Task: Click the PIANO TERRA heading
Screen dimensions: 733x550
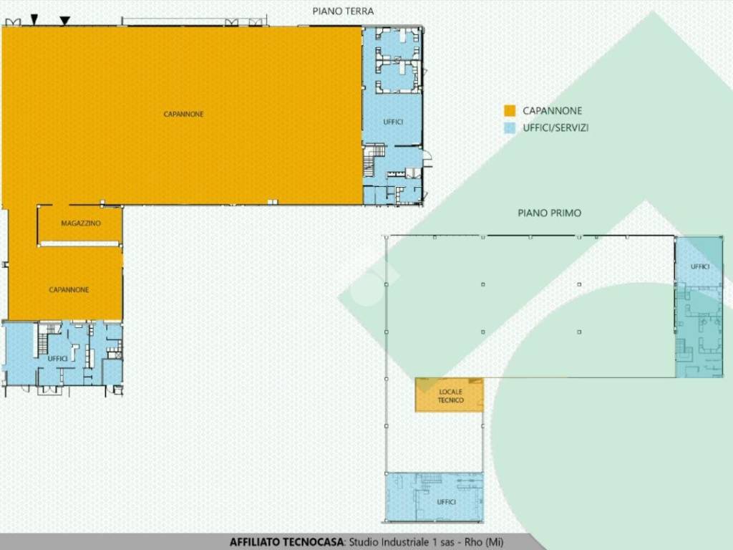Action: coord(343,11)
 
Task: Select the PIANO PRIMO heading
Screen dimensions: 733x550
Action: coord(549,213)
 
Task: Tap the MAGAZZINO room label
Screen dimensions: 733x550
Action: coord(81,223)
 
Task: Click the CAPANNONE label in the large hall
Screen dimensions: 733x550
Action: coord(183,114)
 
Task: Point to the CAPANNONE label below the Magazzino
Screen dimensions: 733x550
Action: coord(69,290)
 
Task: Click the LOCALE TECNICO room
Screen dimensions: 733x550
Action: coord(450,395)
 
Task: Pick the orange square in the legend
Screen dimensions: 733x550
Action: coord(510,111)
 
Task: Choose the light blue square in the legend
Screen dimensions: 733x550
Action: coord(510,127)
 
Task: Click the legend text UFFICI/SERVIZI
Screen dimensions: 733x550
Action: coord(555,127)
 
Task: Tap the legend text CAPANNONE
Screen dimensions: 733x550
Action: coord(552,111)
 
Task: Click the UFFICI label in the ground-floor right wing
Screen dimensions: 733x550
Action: coord(393,122)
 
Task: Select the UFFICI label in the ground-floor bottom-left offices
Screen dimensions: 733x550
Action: coord(57,359)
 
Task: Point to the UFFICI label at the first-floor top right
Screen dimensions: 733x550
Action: coord(700,266)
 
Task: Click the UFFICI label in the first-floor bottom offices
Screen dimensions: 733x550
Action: coord(446,502)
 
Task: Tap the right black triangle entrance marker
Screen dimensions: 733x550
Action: coord(65,21)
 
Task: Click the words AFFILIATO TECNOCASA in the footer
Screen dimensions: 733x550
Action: coord(286,542)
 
